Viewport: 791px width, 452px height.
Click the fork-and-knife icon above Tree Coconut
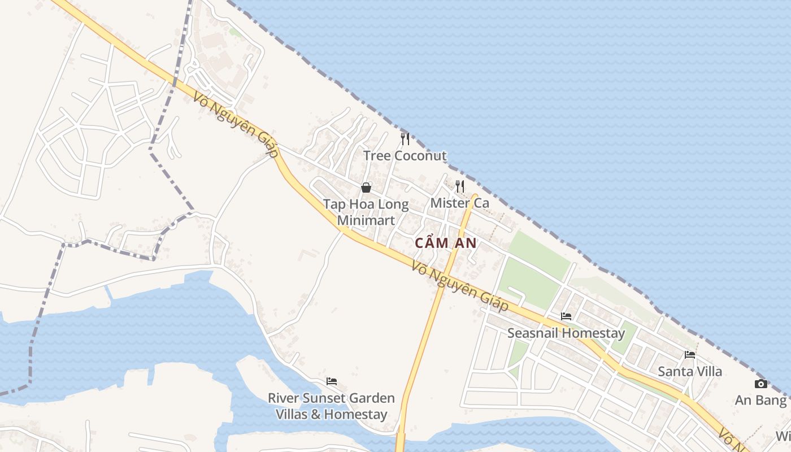tap(405, 139)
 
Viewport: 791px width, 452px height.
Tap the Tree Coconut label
tap(405, 156)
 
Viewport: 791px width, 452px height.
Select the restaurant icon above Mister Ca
tap(460, 186)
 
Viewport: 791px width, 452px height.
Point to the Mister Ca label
tap(460, 202)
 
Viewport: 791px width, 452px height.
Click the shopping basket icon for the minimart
tap(366, 188)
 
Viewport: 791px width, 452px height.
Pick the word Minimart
tap(366, 220)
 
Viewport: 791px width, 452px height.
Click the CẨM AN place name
tap(446, 244)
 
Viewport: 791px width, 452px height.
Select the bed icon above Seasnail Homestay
tap(566, 316)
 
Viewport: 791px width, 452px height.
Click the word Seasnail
tap(533, 333)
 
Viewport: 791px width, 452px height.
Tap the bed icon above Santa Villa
tap(690, 355)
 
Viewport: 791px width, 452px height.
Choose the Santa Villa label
tap(690, 371)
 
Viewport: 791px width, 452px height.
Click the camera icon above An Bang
tap(761, 384)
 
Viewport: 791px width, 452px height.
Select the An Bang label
tap(760, 401)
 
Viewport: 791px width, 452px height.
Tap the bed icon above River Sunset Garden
tap(332, 381)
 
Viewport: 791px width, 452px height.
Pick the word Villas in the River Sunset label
tap(292, 414)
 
